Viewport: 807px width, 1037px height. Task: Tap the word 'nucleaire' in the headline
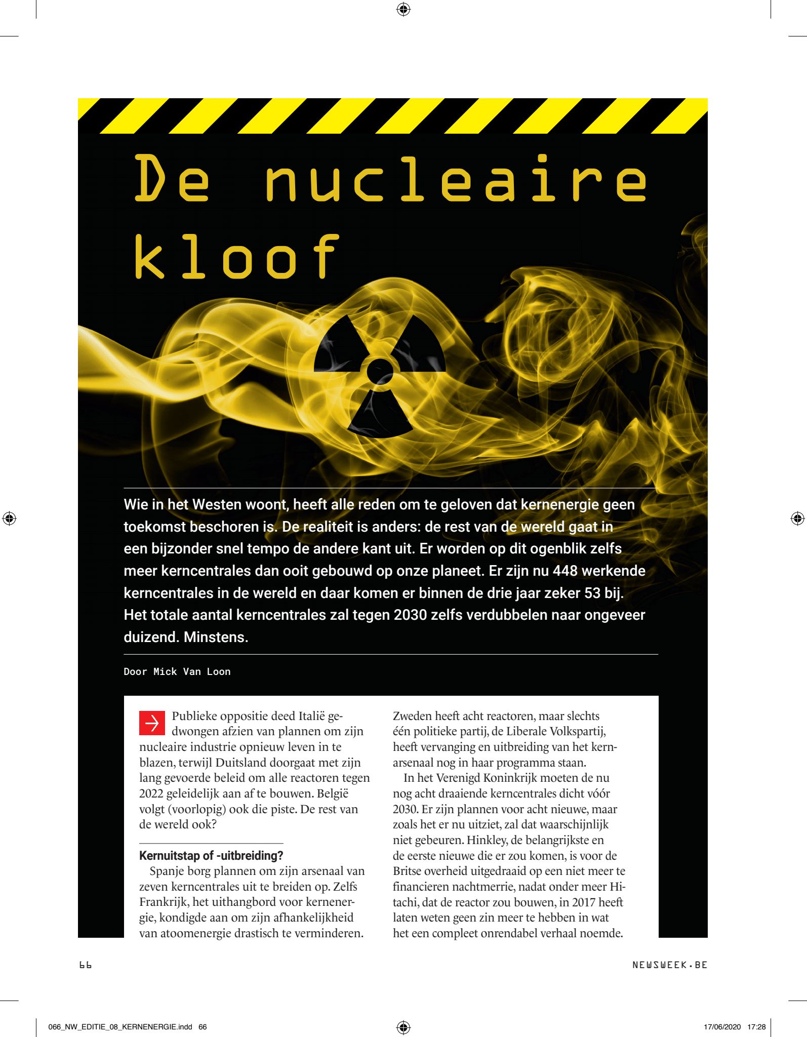click(455, 179)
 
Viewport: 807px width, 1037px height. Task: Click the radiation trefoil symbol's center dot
click(380, 371)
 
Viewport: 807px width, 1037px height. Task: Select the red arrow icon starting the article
click(152, 723)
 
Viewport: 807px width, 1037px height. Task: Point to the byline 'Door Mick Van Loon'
click(177, 671)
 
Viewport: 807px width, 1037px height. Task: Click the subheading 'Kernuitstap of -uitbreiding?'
click(211, 855)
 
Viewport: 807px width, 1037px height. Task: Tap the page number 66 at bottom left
click(85, 965)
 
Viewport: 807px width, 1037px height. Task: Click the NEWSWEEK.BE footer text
click(669, 965)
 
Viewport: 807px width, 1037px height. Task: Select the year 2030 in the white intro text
click(411, 615)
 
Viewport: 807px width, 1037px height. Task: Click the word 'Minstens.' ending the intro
click(216, 637)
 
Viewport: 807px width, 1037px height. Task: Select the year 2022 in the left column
click(151, 793)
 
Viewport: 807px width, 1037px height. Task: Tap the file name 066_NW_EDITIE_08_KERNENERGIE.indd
click(120, 1027)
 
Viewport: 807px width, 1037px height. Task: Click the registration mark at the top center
click(403, 9)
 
